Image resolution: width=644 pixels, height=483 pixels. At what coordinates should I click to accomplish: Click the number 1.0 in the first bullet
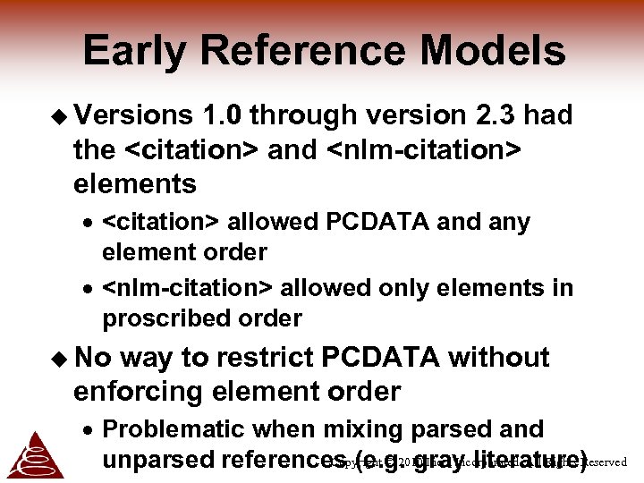[221, 116]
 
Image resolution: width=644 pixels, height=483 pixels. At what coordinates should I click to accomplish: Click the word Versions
[134, 116]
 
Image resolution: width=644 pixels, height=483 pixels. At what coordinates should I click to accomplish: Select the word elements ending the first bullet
[134, 184]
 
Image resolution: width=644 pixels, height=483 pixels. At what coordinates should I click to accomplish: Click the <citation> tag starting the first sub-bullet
[163, 222]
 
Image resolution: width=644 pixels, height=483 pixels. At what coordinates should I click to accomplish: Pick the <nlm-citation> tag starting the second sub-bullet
[189, 288]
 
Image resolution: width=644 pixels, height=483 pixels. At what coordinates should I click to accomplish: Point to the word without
[498, 358]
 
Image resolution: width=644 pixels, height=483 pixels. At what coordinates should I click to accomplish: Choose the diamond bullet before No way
[60, 359]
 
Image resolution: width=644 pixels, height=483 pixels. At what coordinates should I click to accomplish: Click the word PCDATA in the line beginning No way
[379, 358]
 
